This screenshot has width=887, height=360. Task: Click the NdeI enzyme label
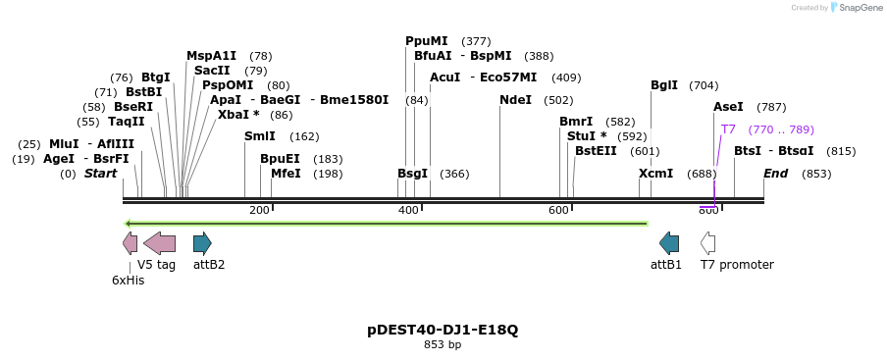(x=515, y=100)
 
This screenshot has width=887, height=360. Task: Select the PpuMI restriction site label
(x=426, y=41)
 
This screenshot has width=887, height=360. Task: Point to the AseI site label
(x=728, y=107)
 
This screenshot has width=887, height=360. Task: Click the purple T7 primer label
(x=728, y=129)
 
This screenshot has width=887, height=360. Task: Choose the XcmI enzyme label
(x=655, y=174)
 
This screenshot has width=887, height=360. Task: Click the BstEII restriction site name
(x=596, y=151)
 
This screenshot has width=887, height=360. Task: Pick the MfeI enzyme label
(x=286, y=174)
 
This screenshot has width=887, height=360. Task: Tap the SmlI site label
(x=260, y=136)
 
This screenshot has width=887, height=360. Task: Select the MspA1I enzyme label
(x=211, y=56)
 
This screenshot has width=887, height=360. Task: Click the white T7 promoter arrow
(x=707, y=243)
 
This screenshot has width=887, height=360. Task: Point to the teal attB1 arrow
(x=669, y=243)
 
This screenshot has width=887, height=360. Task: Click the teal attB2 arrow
(x=202, y=243)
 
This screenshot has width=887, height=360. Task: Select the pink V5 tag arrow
(x=159, y=243)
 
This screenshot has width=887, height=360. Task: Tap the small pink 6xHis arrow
(x=130, y=243)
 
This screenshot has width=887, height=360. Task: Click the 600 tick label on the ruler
(x=558, y=210)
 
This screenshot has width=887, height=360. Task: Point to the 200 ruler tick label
(x=259, y=210)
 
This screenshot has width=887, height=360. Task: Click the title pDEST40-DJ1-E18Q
(x=443, y=330)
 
